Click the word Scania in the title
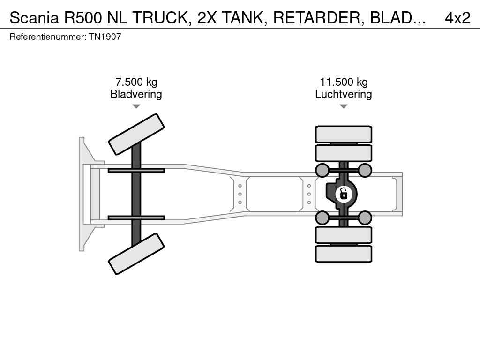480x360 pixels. (34, 18)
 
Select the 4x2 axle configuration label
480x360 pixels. (457, 18)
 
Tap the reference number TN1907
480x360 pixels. (105, 37)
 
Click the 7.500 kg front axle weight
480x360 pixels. (136, 82)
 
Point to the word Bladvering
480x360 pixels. (136, 94)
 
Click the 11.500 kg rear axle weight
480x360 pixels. (344, 82)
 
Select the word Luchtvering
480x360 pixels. (344, 94)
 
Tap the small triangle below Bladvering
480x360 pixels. (136, 106)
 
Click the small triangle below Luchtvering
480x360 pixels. (344, 106)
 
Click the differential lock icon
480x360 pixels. (344, 194)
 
